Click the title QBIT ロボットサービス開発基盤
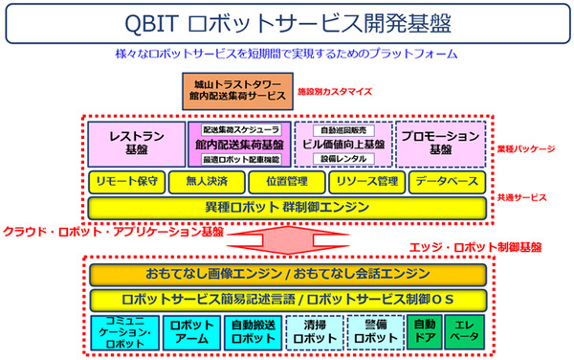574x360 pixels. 287,21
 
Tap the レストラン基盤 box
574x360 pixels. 134,144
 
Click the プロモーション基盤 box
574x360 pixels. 438,144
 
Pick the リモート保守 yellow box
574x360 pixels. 127,181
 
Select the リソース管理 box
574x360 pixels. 367,181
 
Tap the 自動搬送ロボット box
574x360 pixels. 254,331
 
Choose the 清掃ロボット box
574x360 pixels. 316,331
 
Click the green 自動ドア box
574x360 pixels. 424,331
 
